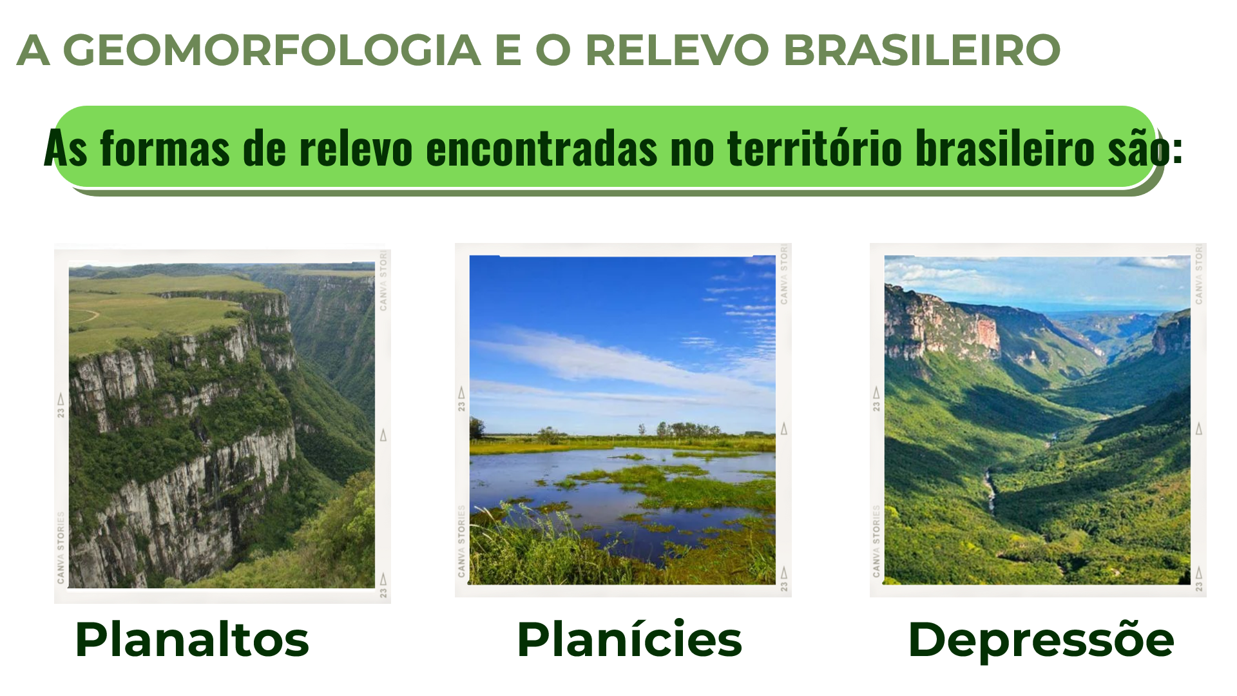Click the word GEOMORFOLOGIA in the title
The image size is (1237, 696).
272,50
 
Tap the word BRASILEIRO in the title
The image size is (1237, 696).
922,50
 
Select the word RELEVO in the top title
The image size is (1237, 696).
677,50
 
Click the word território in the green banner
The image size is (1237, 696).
814,148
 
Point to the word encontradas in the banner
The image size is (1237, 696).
541,148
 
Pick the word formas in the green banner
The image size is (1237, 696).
165,148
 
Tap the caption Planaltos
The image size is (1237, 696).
192,640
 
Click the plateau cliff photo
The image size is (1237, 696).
222,425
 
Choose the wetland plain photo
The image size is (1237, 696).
622,420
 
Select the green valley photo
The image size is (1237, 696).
1037,420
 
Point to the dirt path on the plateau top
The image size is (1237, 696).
86,316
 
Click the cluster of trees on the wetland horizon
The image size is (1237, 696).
687,430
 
